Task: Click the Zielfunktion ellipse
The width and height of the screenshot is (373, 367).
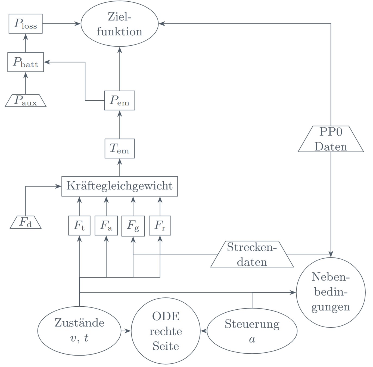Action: (120, 24)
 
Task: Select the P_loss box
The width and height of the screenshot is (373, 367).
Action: (26, 24)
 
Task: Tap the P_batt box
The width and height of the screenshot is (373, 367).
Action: (26, 62)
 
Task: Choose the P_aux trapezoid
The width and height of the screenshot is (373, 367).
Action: (26, 101)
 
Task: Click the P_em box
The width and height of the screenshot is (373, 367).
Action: (120, 101)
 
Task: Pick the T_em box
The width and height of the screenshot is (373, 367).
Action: (120, 149)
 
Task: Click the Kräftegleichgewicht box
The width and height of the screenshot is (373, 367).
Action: (120, 186)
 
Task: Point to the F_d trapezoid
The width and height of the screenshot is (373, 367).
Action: (26, 223)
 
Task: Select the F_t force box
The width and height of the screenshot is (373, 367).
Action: (79, 225)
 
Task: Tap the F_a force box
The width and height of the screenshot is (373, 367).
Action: (106, 225)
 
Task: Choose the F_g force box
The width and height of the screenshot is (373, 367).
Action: (133, 226)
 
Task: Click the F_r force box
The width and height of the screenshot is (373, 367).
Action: (160, 225)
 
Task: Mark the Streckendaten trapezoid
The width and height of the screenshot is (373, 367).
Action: (252, 254)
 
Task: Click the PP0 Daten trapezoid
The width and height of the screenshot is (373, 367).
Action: (331, 139)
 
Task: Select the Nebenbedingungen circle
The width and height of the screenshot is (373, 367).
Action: (331, 292)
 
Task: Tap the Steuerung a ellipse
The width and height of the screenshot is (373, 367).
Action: (252, 331)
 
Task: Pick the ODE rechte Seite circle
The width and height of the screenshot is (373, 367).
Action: (166, 331)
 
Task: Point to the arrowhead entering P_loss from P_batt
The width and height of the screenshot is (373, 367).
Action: (26, 36)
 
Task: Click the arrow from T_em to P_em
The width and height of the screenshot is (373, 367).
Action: (120, 125)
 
